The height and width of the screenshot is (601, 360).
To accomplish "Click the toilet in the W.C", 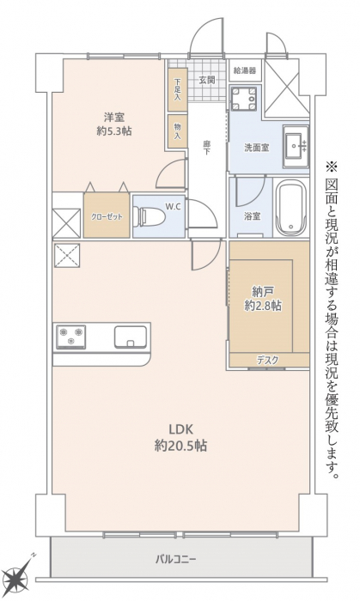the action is tap(149, 217).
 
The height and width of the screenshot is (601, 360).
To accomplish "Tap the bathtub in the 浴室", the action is tap(291, 208).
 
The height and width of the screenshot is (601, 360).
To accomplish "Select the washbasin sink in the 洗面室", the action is tap(296, 146).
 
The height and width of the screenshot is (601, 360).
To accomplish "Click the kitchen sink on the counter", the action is tap(131, 337).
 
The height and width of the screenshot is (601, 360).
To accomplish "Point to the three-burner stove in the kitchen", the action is tap(71, 337).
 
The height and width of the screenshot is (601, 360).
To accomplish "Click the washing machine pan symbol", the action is tap(243, 98).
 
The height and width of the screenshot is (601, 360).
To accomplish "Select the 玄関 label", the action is tap(206, 80).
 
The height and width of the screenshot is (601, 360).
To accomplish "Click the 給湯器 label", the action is tap(245, 70).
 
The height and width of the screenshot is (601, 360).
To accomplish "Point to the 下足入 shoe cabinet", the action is tap(178, 89).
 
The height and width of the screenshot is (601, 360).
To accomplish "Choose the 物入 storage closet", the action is tap(178, 131).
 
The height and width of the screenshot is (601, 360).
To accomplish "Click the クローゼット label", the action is tap(107, 217).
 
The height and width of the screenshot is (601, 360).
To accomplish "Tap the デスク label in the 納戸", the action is tap(267, 360).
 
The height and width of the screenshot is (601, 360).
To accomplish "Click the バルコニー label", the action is tap(176, 559).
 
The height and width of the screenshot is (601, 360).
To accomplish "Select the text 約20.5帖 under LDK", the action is tap(181, 446).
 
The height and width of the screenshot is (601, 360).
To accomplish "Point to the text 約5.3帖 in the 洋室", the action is tap(114, 131).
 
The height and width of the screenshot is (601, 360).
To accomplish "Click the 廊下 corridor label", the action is tap(207, 148).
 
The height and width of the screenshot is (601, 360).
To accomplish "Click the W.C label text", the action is tap(173, 206).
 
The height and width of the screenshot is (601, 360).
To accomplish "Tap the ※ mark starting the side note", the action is tap(331, 167).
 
